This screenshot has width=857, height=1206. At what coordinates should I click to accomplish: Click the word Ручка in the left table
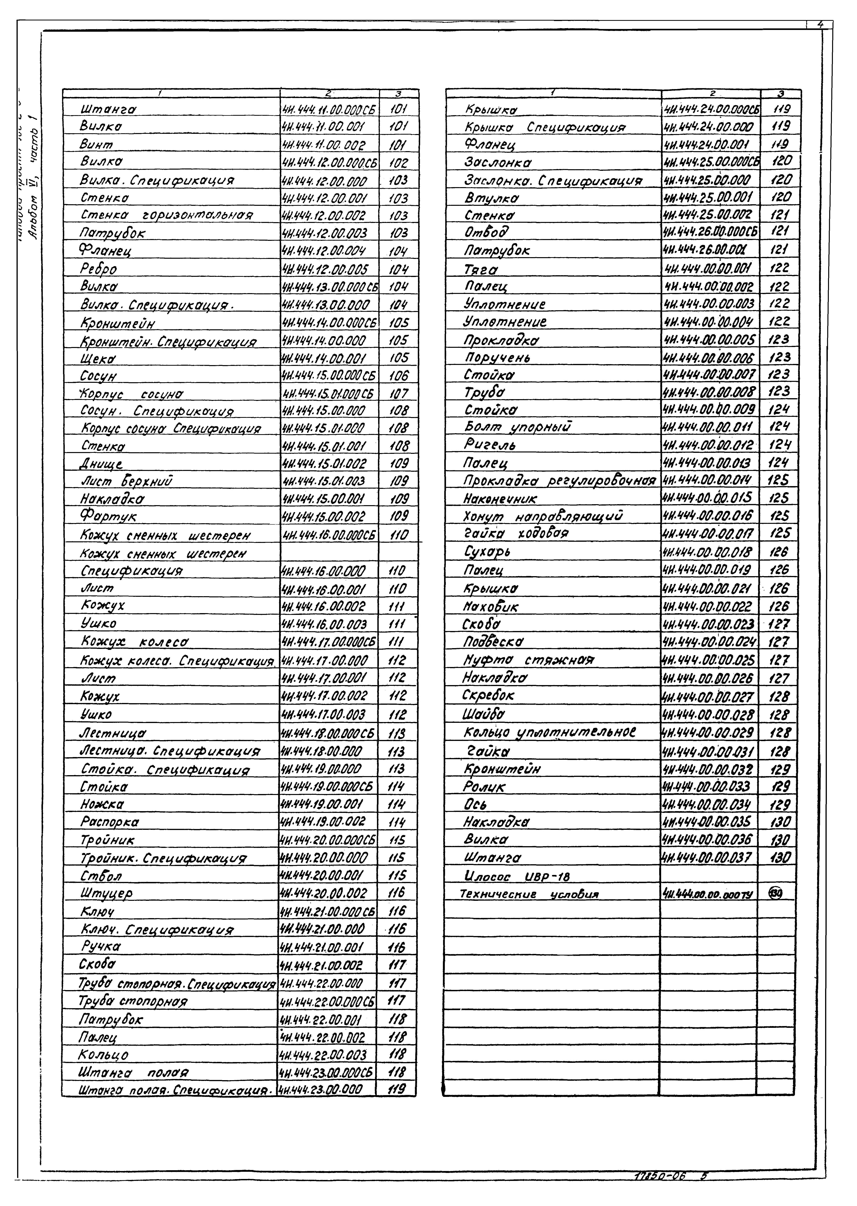pos(101,946)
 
